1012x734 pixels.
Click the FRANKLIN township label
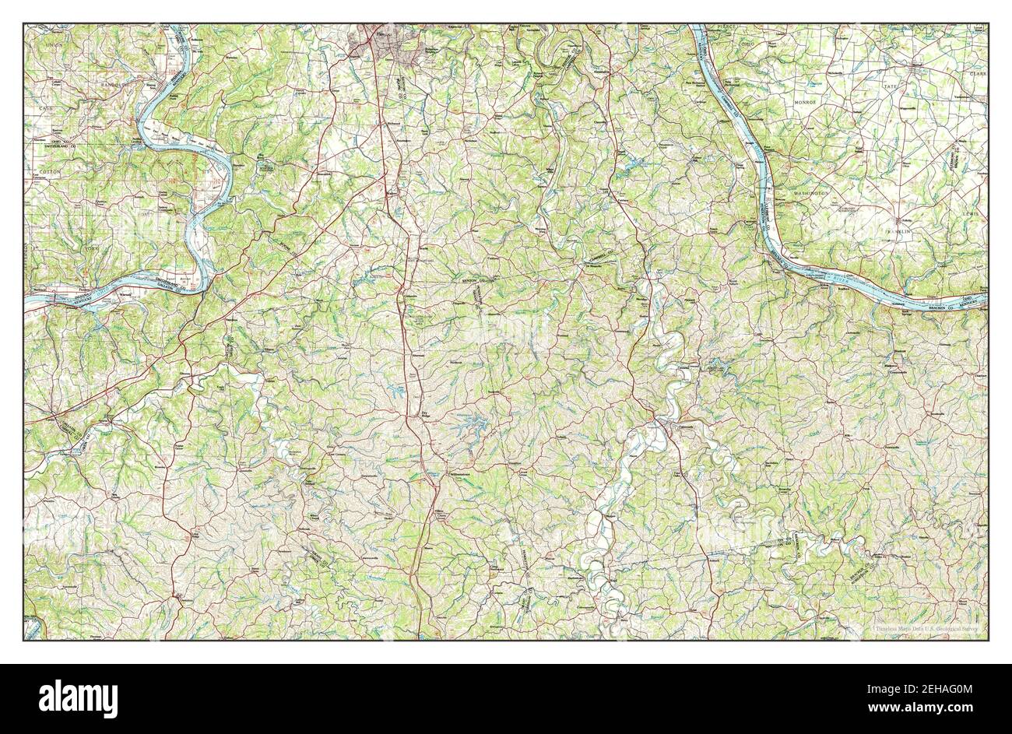tap(901, 231)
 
